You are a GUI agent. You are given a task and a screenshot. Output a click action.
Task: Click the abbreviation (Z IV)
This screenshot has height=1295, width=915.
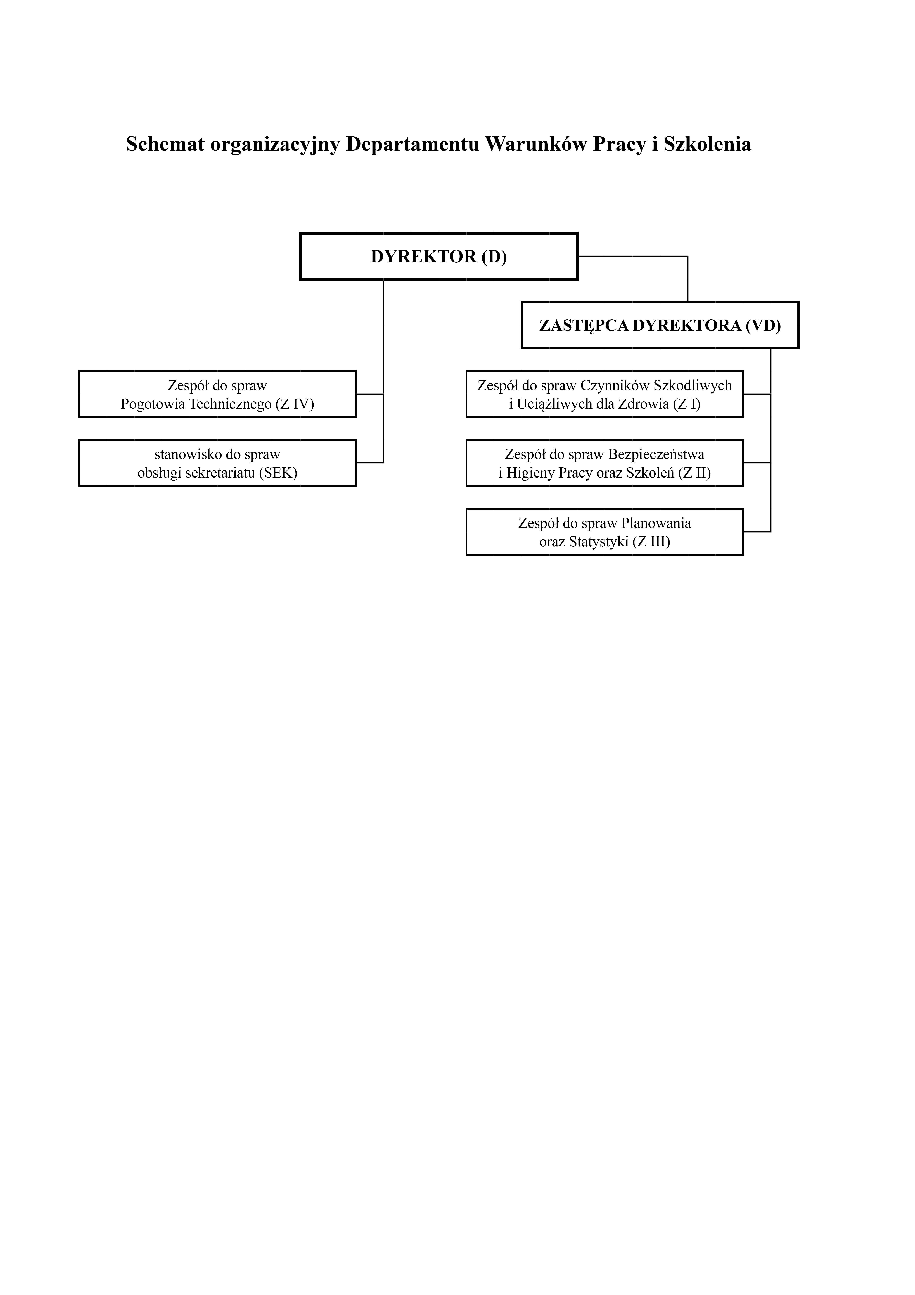295,404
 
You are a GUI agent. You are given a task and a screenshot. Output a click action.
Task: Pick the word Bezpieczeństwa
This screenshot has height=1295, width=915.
656,454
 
